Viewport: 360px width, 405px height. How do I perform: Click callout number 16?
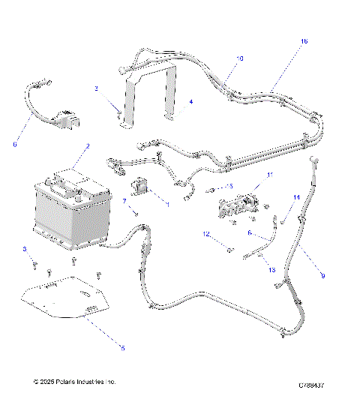[304, 42]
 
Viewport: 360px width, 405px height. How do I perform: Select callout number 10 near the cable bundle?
[239, 58]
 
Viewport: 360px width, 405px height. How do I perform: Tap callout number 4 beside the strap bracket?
[191, 101]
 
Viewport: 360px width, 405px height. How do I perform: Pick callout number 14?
[296, 197]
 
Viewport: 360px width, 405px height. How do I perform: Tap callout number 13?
[271, 268]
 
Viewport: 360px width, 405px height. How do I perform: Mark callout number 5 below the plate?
[122, 347]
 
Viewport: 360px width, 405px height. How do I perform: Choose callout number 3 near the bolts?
[24, 249]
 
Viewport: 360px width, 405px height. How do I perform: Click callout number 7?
[124, 201]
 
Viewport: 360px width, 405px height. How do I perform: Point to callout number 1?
[168, 203]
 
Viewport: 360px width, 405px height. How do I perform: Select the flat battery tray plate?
[67, 300]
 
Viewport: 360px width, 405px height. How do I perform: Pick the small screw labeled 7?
[136, 213]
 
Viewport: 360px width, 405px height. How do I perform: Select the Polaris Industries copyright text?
[75, 382]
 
